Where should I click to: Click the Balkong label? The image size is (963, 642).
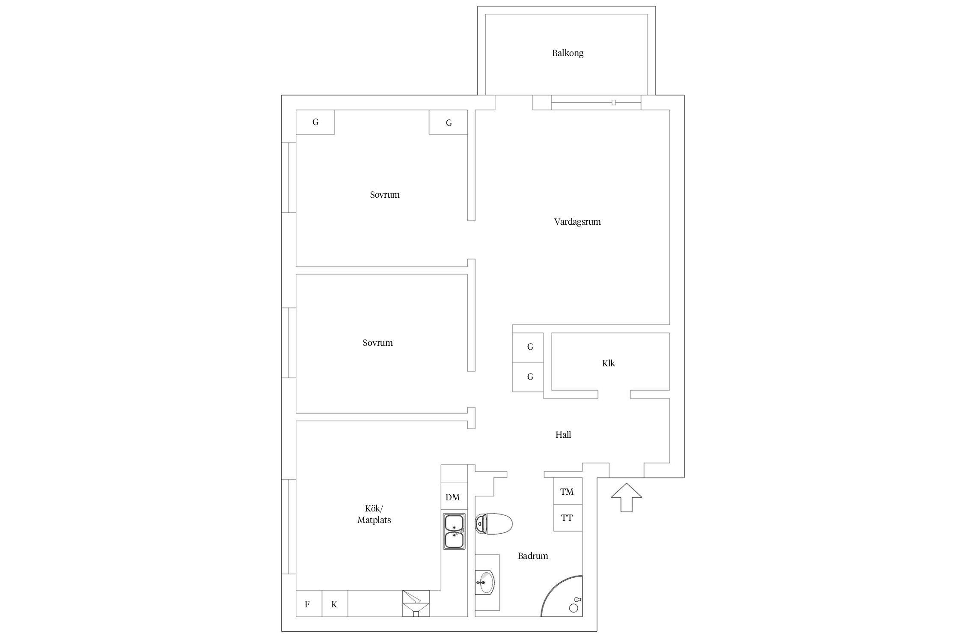[568, 53]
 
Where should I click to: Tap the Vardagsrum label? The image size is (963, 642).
[577, 222]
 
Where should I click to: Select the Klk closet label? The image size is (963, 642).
[608, 363]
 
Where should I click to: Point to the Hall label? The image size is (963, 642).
[563, 435]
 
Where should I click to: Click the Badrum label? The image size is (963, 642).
[533, 556]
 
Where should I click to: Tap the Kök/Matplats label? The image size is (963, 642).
[374, 514]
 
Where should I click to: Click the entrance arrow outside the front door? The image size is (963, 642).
[626, 497]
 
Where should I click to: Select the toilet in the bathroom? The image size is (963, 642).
[493, 524]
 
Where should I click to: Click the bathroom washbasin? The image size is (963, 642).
[485, 583]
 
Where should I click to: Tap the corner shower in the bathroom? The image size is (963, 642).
[562, 596]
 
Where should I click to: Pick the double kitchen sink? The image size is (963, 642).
[454, 532]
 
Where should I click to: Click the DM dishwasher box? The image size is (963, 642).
[454, 497]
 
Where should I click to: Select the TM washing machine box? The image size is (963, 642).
[568, 491]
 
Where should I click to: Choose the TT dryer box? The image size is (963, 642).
[568, 518]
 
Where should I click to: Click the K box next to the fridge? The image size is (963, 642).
[335, 604]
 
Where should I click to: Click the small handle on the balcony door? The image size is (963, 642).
[614, 103]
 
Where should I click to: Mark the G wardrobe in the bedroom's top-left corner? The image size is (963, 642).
[315, 122]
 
